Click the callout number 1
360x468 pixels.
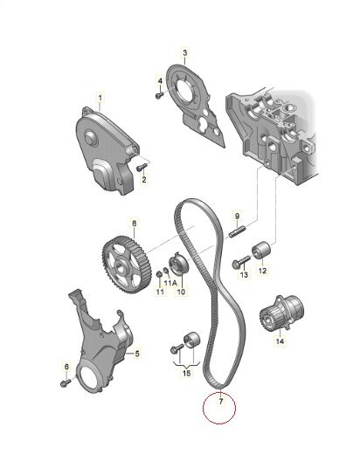coord(100,98)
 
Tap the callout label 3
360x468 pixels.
coord(185,53)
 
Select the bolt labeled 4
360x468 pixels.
coord(160,95)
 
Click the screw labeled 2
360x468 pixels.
coord(142,168)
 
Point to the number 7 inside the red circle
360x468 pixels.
coord(221,402)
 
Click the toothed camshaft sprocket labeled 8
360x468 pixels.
coord(123,265)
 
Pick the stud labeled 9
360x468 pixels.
coord(237,231)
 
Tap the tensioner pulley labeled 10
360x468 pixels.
coord(177,263)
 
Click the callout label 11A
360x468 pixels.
coord(170,283)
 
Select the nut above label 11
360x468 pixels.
coord(159,273)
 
